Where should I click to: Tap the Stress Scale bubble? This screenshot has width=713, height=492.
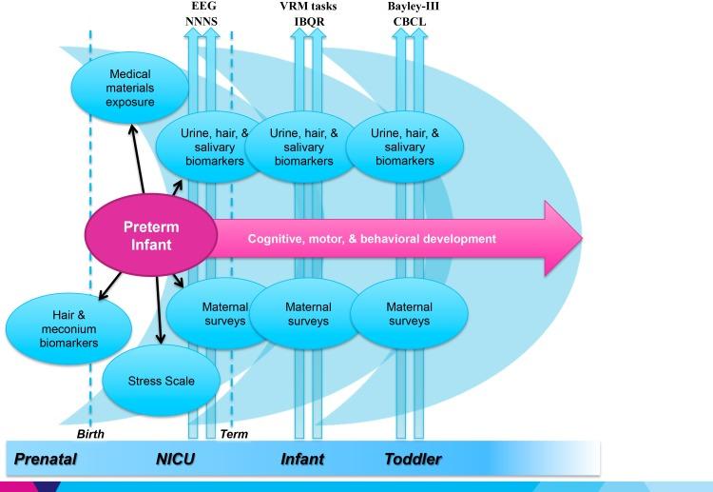(x=161, y=381)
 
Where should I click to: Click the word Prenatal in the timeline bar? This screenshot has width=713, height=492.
(x=46, y=459)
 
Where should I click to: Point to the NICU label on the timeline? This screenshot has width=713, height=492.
(x=175, y=459)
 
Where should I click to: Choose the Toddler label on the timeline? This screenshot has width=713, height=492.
(x=413, y=459)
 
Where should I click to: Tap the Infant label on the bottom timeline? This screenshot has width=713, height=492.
(x=302, y=459)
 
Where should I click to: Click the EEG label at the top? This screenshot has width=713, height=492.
(x=202, y=7)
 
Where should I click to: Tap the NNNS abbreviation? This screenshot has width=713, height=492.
(x=202, y=20)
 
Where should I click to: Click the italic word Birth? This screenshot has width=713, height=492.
(x=89, y=434)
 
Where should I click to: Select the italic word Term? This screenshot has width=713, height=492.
(x=234, y=434)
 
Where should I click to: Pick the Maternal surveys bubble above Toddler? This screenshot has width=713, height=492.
(x=409, y=314)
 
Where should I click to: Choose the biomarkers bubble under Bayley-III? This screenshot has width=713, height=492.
(x=404, y=148)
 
